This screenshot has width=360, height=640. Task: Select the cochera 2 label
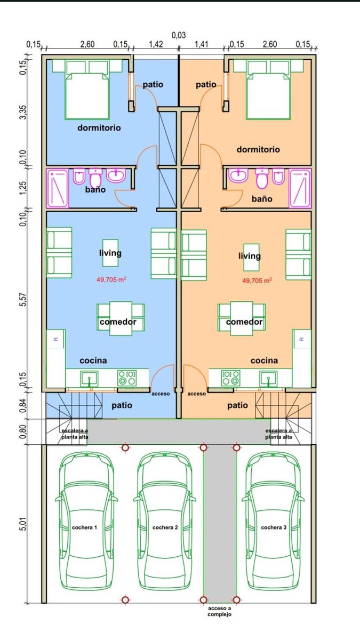tap(165, 527)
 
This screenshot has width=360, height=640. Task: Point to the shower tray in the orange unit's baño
tap(300, 189)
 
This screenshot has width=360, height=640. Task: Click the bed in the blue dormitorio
tap(87, 95)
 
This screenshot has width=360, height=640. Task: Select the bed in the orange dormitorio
tap(268, 95)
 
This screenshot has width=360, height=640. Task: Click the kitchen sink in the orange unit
tap(268, 378)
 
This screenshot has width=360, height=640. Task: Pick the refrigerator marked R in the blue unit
tap(56, 339)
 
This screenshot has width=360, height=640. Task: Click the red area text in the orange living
tap(257, 281)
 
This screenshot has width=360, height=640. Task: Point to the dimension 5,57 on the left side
tap(23, 300)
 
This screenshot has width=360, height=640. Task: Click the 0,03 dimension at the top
tap(179, 35)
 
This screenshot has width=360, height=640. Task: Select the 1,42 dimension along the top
tap(156, 44)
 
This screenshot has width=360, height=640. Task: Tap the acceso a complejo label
tap(219, 611)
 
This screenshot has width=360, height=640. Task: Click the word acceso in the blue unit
tap(161, 394)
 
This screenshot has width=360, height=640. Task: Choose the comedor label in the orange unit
tap(244, 322)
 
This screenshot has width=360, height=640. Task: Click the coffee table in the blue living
tap(110, 253)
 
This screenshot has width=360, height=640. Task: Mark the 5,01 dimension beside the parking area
tap(23, 524)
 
